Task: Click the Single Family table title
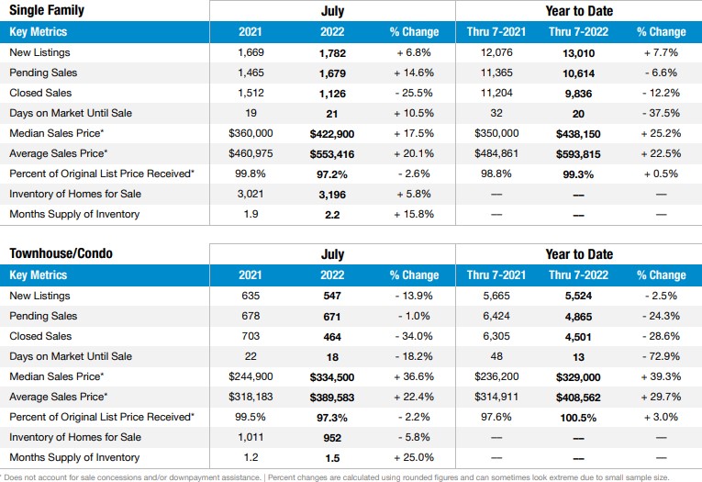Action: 47,10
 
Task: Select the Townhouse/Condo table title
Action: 61,253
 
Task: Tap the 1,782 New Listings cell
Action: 332,53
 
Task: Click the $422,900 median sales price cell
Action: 332,134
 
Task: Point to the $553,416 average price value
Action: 332,154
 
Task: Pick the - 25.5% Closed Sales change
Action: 414,93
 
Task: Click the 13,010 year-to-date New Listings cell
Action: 578,53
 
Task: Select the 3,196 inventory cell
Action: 332,195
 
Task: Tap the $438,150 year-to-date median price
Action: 578,134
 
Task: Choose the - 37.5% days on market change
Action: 661,113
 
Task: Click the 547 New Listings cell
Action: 332,297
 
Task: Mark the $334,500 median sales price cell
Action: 332,377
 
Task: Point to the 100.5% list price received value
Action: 578,418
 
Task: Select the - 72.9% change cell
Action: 661,356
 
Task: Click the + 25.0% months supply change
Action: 414,457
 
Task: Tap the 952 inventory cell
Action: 332,438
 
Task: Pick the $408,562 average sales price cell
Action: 578,398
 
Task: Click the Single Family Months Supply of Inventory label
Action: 74,214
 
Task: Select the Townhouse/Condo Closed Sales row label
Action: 40,336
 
